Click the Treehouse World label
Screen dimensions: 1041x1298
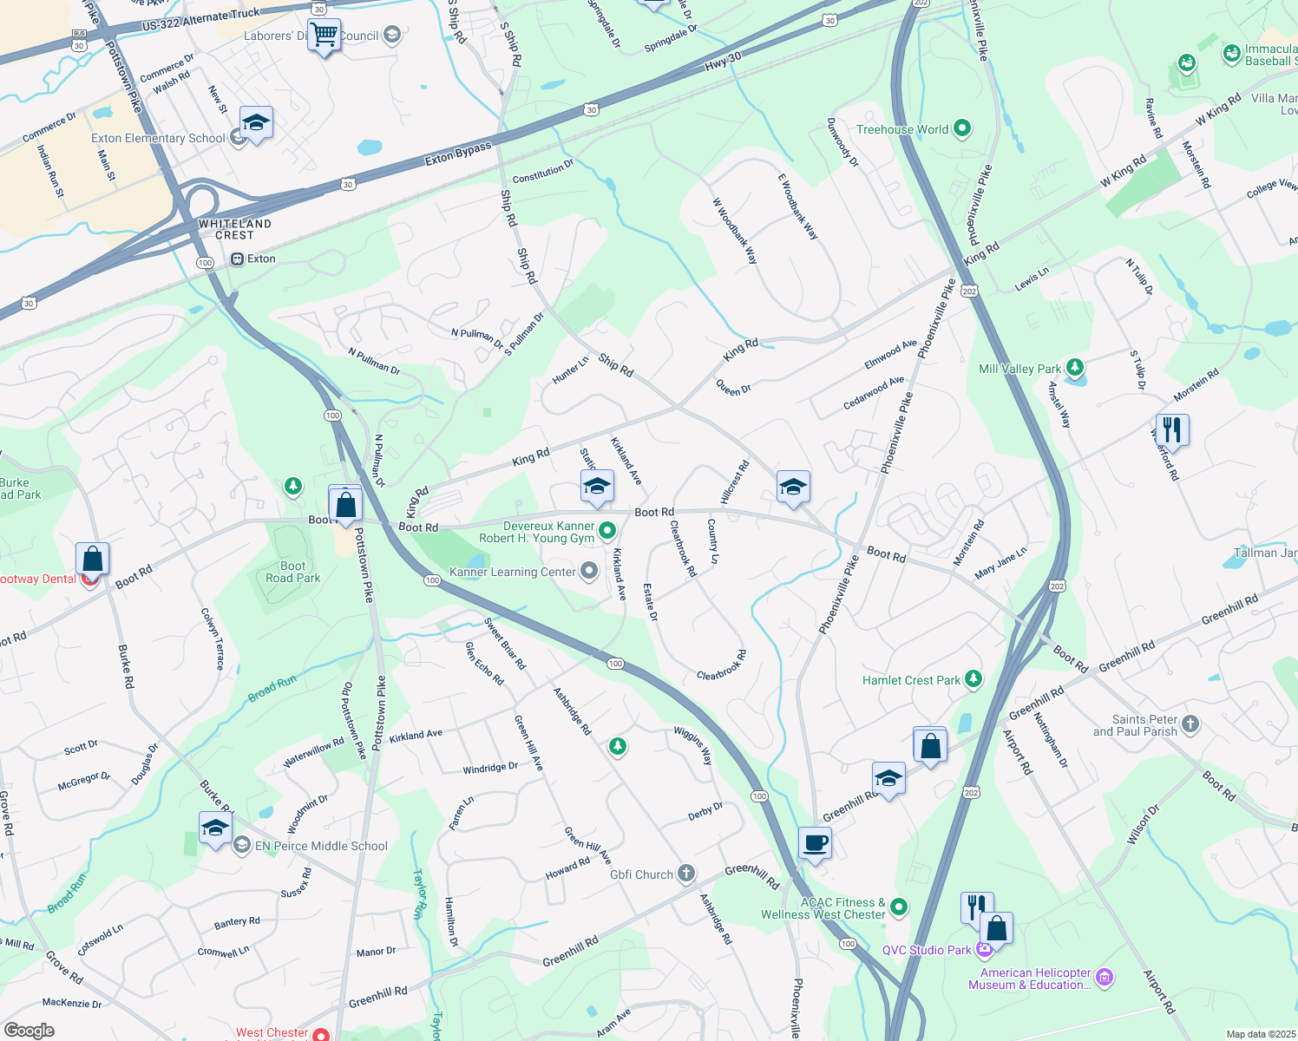pos(902,129)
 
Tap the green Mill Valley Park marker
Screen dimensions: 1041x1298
pos(1075,368)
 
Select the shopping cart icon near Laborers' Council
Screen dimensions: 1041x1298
pos(324,36)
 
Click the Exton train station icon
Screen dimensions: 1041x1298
pos(237,259)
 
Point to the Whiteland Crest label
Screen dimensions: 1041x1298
pos(235,229)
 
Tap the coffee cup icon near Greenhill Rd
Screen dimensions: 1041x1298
pos(815,842)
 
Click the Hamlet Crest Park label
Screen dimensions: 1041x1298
pos(911,680)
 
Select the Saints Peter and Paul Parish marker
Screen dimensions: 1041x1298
pos(1190,723)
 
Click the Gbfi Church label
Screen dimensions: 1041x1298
pos(641,874)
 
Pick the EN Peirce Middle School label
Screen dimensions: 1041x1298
pos(321,846)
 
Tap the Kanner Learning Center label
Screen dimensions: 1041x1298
pos(512,572)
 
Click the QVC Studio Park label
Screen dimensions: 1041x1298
pos(927,950)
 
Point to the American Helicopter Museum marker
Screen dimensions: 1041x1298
pos(1105,978)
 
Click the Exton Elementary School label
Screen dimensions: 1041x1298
pos(158,138)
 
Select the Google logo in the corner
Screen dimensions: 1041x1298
pos(29,1031)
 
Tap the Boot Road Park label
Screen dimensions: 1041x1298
pos(292,572)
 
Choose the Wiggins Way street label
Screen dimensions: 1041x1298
pos(693,745)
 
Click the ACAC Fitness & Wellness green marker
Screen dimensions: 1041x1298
pos(899,907)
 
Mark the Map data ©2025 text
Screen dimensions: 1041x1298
pos(1260,1034)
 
